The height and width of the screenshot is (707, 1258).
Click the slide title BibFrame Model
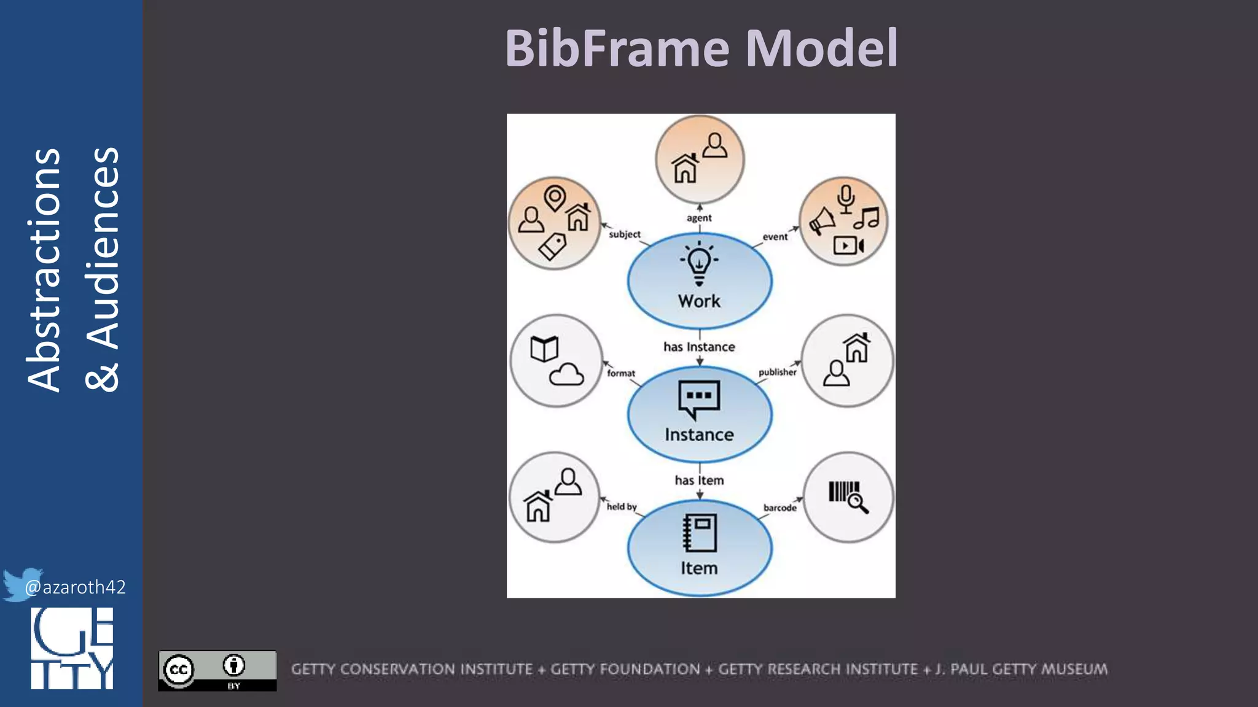(701, 48)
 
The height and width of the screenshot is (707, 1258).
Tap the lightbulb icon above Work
(699, 263)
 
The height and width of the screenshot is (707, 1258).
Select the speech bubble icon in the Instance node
(698, 399)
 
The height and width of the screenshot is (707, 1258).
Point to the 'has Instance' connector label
(699, 347)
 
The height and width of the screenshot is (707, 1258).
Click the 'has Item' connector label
(699, 480)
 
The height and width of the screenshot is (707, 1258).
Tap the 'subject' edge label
(624, 234)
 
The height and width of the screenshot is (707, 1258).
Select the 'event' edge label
(775, 237)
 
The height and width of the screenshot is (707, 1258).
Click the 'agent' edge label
(699, 218)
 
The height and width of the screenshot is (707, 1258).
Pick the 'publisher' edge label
(777, 372)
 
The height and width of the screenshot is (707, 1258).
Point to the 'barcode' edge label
(779, 508)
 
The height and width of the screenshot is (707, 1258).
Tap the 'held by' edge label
(622, 506)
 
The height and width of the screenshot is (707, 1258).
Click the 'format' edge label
(621, 373)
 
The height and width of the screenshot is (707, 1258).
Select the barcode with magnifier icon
(848, 496)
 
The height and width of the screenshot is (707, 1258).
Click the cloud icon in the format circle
(566, 374)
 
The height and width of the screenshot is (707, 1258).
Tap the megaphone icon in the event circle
(821, 221)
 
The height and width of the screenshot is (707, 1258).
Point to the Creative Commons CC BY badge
(217, 670)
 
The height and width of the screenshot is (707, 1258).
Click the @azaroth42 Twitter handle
(75, 587)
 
